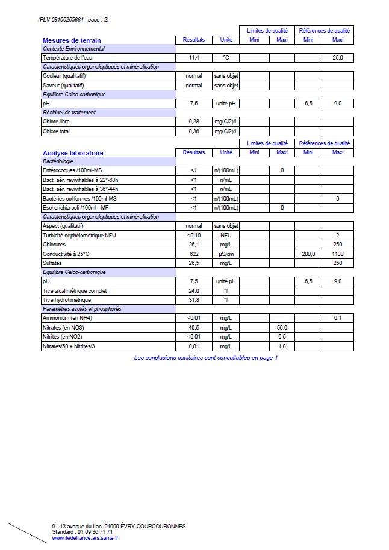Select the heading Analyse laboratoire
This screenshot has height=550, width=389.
coord(73,153)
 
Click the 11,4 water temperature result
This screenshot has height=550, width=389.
coord(193,58)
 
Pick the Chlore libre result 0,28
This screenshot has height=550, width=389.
coord(193,122)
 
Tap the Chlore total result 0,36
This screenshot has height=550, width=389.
coord(193,131)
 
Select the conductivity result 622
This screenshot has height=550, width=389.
coord(193,254)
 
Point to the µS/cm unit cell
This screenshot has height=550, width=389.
coord(226,254)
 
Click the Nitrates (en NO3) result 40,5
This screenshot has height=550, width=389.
coord(193,327)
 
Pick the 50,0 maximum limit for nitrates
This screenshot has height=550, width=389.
coord(281,327)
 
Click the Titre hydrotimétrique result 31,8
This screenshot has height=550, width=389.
coord(193,299)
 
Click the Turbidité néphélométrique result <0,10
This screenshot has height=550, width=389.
coord(193,235)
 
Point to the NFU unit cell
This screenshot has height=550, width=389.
coord(226,235)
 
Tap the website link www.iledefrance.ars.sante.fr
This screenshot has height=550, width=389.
coord(85,538)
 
